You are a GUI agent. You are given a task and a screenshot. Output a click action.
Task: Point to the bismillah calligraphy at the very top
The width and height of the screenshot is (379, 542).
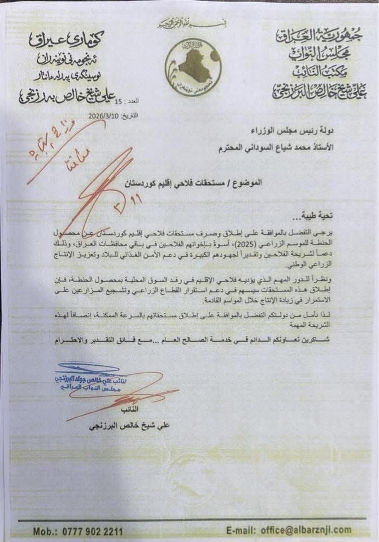[188, 23]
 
